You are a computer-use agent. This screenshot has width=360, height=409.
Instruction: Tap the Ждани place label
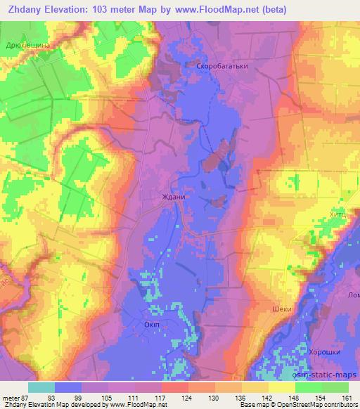pyautogui.click(x=174, y=197)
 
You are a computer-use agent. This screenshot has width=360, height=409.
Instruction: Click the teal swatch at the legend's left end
pyautogui.click(x=42, y=387)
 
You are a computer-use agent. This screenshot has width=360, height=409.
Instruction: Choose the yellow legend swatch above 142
pyautogui.click(x=254, y=387)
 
